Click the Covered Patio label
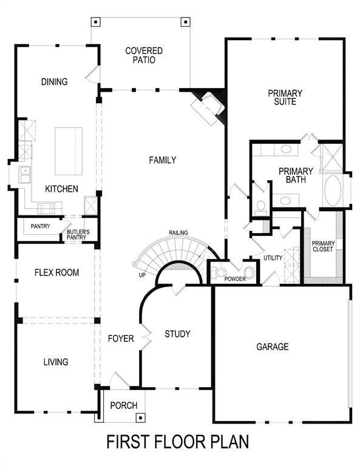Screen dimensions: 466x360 click(140, 55)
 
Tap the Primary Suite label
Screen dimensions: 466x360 click(285, 98)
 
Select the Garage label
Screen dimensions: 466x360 click(272, 347)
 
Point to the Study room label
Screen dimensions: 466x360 click(177, 334)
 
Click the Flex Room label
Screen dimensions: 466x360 click(56, 272)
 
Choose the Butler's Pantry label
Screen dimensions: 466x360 click(78, 234)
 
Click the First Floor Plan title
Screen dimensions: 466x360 click(178, 442)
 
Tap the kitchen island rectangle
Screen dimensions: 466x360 click(69, 150)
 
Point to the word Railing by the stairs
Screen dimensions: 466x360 click(178, 232)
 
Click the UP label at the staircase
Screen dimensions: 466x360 click(141, 275)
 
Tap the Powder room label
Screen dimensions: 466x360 click(234, 279)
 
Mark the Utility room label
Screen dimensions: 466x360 click(273, 258)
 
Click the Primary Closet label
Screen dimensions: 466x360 click(322, 246)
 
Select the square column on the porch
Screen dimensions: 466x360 click(141, 417)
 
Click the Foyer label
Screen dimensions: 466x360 click(121, 339)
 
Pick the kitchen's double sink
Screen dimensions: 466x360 click(25, 175)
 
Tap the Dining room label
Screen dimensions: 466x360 click(54, 82)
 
